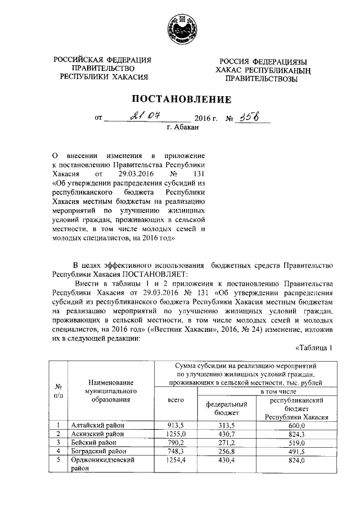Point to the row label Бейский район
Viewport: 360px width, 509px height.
pyautogui.click(x=90, y=443)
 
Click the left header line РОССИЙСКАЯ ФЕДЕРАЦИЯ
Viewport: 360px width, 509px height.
pyautogui.click(x=103, y=60)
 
